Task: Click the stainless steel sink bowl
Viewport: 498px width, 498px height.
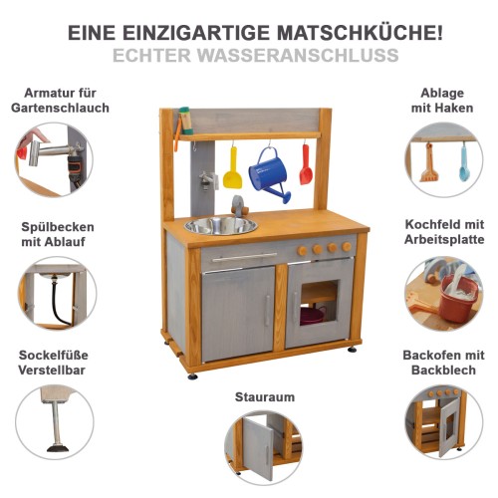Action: (220, 225)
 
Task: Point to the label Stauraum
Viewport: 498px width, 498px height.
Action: (265, 396)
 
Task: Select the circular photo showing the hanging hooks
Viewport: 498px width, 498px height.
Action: (444, 158)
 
